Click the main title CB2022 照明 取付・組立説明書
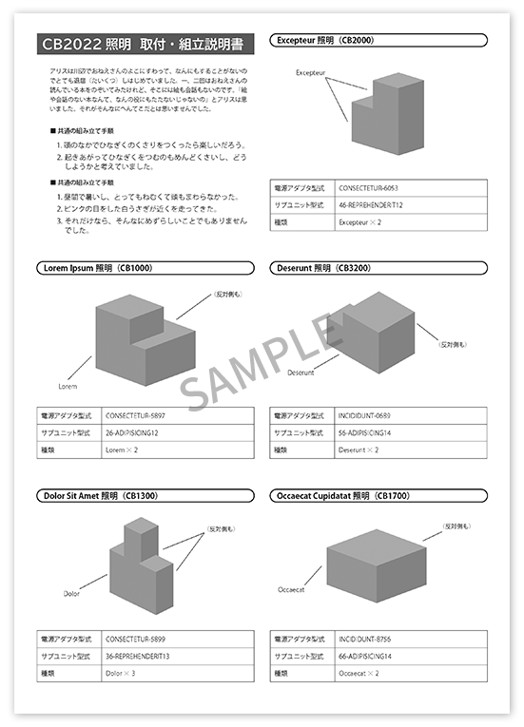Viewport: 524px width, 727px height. click(142, 44)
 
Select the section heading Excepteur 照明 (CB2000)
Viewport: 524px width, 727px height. click(323, 41)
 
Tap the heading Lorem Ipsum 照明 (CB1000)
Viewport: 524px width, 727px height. click(98, 268)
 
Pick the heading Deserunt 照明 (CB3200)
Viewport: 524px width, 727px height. click(324, 268)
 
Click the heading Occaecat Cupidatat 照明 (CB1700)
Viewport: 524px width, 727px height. click(342, 495)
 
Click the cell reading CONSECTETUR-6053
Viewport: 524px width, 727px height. click(368, 189)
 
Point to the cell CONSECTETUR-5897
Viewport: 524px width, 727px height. click(136, 416)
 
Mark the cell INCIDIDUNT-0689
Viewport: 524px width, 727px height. click(364, 416)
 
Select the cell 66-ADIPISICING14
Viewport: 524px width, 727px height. click(365, 657)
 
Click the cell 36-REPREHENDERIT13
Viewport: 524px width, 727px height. click(138, 657)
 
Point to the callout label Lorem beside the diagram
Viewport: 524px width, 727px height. click(68, 387)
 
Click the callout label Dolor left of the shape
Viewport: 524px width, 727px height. click(71, 594)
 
